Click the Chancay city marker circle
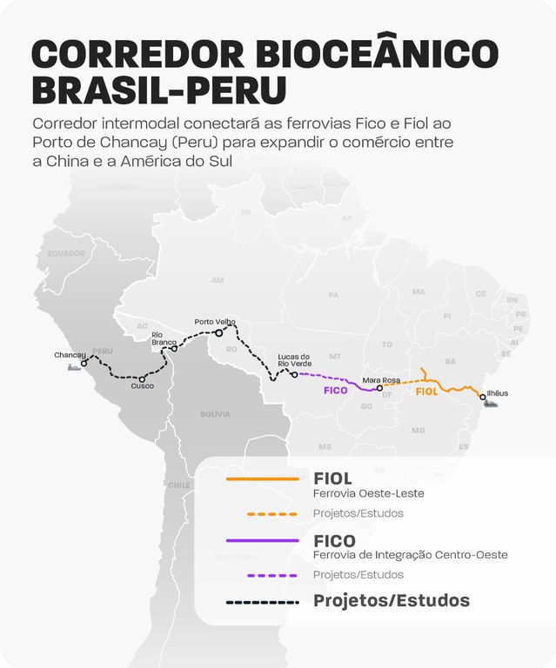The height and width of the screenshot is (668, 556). tap(84, 364)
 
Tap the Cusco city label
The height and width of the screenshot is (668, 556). tap(143, 386)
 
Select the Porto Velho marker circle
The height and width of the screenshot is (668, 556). tap(219, 332)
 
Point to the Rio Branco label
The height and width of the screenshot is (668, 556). tap(164, 338)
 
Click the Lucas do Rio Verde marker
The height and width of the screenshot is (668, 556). tap(294, 375)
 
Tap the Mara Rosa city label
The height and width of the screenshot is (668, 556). tap(381, 380)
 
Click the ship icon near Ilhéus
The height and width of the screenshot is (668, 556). tap(493, 404)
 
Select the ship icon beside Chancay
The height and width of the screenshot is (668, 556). tap(75, 367)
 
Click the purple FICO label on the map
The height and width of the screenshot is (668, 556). tap(336, 391)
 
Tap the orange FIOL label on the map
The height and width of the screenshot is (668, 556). tap(426, 392)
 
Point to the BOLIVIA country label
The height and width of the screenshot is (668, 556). tap(215, 415)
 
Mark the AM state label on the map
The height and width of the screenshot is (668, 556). tap(218, 280)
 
